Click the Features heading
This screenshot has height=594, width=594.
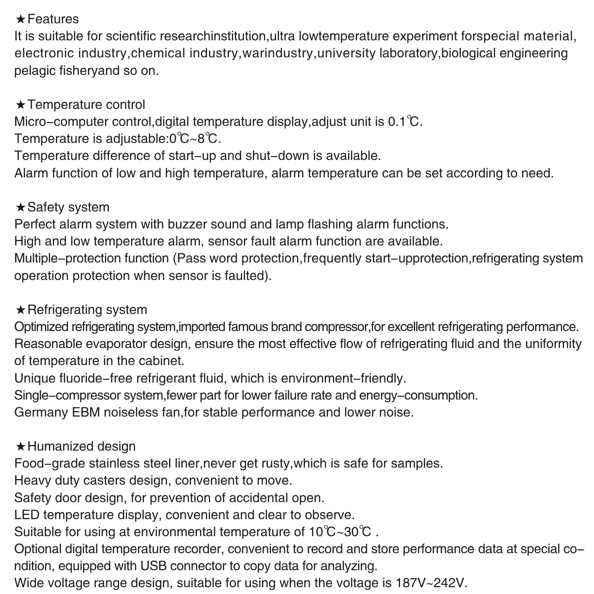point(53,19)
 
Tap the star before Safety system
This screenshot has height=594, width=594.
point(20,208)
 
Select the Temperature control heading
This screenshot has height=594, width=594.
point(86,105)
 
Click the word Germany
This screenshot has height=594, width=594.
point(41,412)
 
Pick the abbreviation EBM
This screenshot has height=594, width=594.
point(86,412)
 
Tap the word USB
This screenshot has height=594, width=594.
point(154,566)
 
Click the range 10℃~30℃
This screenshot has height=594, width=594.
point(340,532)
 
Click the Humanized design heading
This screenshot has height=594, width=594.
point(81,446)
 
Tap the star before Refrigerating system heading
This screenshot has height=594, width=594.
point(20,310)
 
